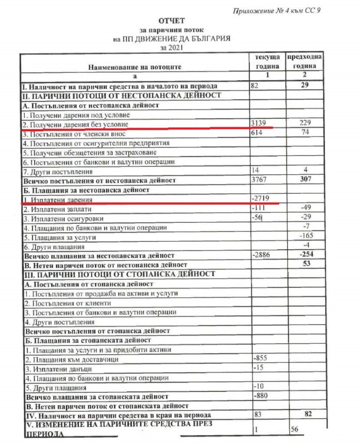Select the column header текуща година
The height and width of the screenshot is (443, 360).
tap(267, 62)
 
